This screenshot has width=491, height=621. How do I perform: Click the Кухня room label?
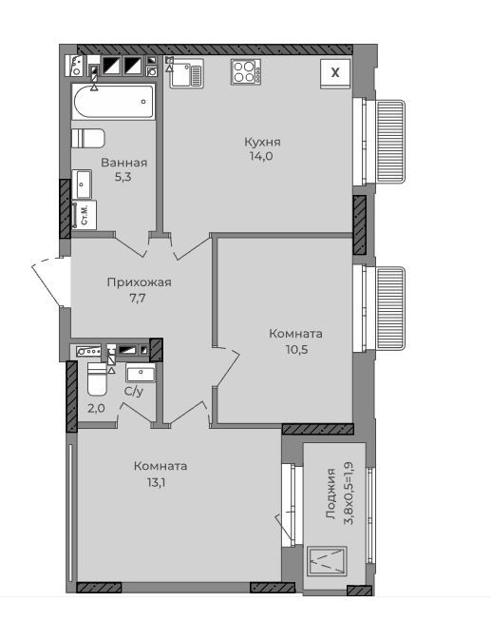coord(262,142)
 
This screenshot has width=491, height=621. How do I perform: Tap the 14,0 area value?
coord(261,156)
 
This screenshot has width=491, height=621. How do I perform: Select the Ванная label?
coord(123,163)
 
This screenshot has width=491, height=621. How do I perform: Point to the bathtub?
coord(114,102)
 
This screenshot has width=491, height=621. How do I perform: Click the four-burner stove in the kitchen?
coord(246,71)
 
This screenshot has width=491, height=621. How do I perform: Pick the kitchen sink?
coord(186,73)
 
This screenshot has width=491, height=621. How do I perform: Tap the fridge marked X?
coord(335,73)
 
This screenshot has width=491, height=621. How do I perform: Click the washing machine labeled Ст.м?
coord(85,215)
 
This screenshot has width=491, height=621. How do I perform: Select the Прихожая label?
coord(139,282)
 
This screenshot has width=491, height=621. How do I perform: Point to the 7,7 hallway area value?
coord(138,298)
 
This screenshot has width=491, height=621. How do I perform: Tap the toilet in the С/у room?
coord(97,379)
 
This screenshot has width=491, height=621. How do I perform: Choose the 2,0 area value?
coord(96,408)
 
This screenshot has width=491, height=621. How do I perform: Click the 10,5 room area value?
coord(296,349)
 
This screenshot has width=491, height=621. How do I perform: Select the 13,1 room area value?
coord(155,482)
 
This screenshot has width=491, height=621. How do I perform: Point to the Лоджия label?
coord(330,494)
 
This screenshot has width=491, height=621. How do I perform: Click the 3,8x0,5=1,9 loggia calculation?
coord(349,493)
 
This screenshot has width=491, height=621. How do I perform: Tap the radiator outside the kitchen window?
coord(391,142)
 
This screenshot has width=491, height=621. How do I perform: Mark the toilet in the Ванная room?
coord(88,138)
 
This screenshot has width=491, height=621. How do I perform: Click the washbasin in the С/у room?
coord(141,373)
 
